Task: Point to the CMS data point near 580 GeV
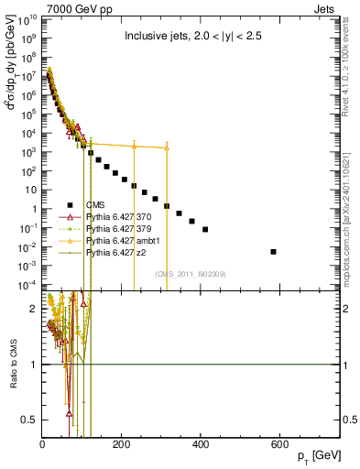273,251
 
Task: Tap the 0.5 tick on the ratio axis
29,420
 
